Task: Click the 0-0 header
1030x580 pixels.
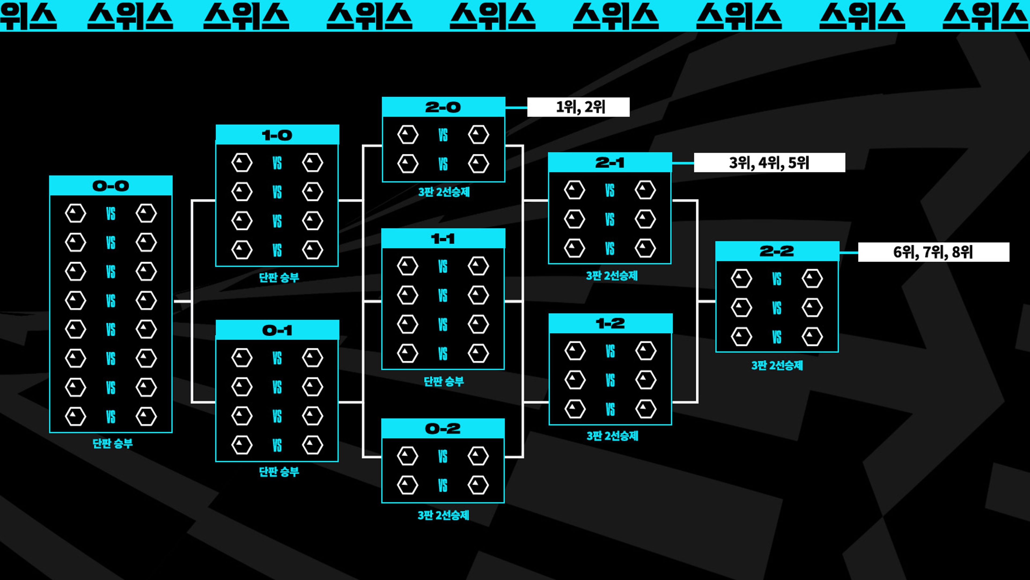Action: tap(111, 186)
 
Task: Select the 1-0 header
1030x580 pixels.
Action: tap(277, 135)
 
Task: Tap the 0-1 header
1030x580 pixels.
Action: tap(277, 330)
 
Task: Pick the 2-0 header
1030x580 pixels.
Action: tap(443, 107)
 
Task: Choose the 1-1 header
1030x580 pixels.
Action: tap(443, 239)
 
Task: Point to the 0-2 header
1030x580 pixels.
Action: tap(443, 429)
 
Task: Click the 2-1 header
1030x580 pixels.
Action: tap(610, 162)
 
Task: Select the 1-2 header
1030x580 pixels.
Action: tap(610, 323)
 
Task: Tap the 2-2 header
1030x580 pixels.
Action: tap(777, 251)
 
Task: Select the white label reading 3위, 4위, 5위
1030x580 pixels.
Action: tap(769, 162)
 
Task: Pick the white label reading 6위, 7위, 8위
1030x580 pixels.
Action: tap(933, 252)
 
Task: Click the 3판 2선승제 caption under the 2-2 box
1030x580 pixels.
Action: tap(777, 365)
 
